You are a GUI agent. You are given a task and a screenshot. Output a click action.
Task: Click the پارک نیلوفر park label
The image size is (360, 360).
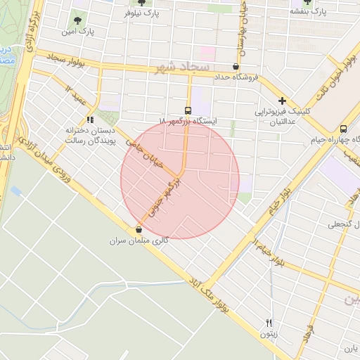(x=142, y=13)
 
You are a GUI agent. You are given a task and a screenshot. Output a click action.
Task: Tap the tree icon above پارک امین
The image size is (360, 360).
(x=77, y=20)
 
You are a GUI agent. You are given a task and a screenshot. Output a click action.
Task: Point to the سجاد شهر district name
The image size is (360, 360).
(x=185, y=67)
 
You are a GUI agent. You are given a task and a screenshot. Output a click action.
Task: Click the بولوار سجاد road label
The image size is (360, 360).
(x=68, y=60)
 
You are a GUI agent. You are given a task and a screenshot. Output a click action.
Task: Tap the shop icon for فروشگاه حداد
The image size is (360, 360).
(x=235, y=67)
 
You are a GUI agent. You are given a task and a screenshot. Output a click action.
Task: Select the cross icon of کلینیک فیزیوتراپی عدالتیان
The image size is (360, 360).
(x=282, y=101)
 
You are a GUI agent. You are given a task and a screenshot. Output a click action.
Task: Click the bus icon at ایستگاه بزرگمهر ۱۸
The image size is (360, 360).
(x=188, y=110)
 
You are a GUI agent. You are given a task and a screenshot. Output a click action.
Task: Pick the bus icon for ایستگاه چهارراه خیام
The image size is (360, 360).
(x=343, y=129)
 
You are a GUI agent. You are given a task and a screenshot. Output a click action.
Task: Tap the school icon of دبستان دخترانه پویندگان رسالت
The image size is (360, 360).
(x=89, y=120)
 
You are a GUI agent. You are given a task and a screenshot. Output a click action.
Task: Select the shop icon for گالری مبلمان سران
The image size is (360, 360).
(x=139, y=230)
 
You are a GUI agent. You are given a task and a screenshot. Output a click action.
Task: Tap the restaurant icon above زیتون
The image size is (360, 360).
(x=269, y=323)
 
